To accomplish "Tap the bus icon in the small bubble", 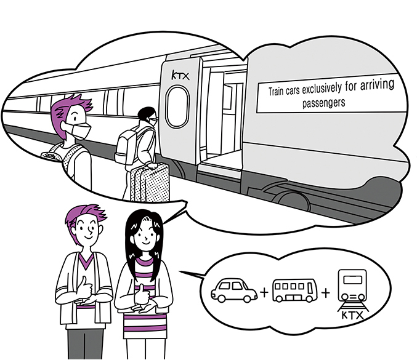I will (x=294, y=290).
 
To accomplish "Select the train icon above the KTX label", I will (x=352, y=289).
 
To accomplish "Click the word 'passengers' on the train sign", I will (x=323, y=103).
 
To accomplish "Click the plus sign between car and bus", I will (x=264, y=292).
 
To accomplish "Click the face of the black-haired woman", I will (x=146, y=234).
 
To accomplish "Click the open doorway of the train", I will (x=222, y=117).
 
